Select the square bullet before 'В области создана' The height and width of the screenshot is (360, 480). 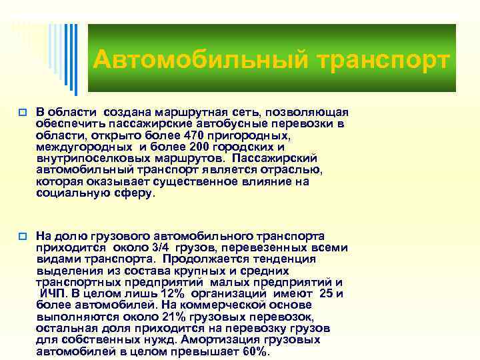pyautogui.click(x=23, y=112)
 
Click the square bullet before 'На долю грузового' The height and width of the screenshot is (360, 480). pyautogui.click(x=23, y=236)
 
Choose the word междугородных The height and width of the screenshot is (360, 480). pyautogui.click(x=76, y=146)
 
